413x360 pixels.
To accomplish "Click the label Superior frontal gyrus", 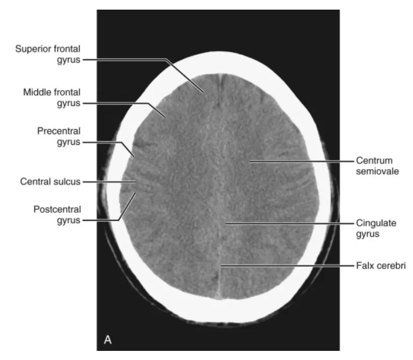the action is tap(48, 54).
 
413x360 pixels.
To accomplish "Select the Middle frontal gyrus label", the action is tap(52, 97).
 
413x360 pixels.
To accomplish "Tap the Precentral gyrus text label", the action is tap(58, 137).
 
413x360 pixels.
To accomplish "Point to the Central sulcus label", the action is tap(50, 181).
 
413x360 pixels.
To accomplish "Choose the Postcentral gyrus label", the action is tap(57, 214).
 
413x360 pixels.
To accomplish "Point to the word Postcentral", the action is tap(57, 209).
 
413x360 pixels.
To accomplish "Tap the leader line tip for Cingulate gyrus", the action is tap(226, 223).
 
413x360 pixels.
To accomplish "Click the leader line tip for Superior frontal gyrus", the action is tap(204, 92).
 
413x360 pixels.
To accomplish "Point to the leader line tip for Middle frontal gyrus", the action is tap(165, 117).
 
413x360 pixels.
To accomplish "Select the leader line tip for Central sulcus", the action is tap(135, 181).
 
